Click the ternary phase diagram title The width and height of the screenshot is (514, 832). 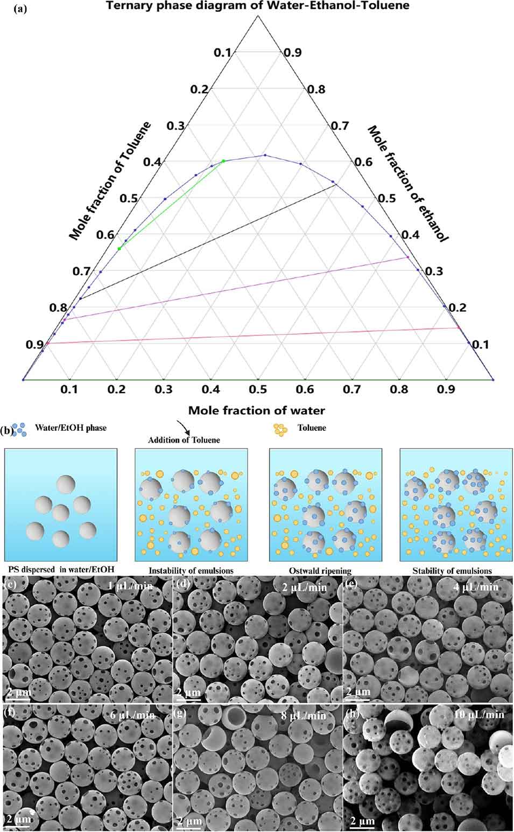pos(257,6)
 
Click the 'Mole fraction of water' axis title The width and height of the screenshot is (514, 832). pos(257,410)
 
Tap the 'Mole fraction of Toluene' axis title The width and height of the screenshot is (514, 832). pos(110,180)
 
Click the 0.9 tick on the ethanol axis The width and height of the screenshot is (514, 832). pos(293,53)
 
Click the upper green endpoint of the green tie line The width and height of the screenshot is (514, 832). pos(223,161)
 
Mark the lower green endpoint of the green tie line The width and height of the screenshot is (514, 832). pos(119,248)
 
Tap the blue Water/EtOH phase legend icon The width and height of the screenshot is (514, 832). pos(19,429)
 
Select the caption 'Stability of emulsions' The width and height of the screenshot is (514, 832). pos(452,571)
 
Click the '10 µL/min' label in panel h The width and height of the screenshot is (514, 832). pos(479,715)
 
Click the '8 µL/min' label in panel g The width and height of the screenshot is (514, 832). pos(304,716)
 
